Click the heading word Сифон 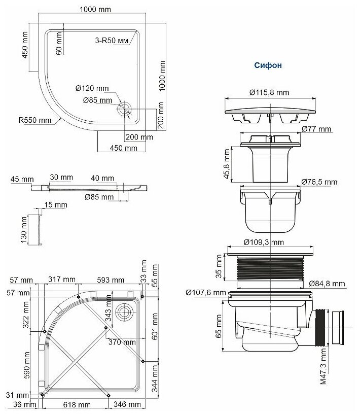[x=268, y=65]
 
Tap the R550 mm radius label [x=35, y=120]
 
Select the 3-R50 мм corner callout [x=112, y=41]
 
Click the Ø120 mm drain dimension [x=92, y=88]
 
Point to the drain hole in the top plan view [x=124, y=109]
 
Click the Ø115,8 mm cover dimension [x=269, y=92]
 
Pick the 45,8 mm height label [x=227, y=164]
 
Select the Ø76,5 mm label [x=319, y=182]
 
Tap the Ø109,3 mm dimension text [x=264, y=242]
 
